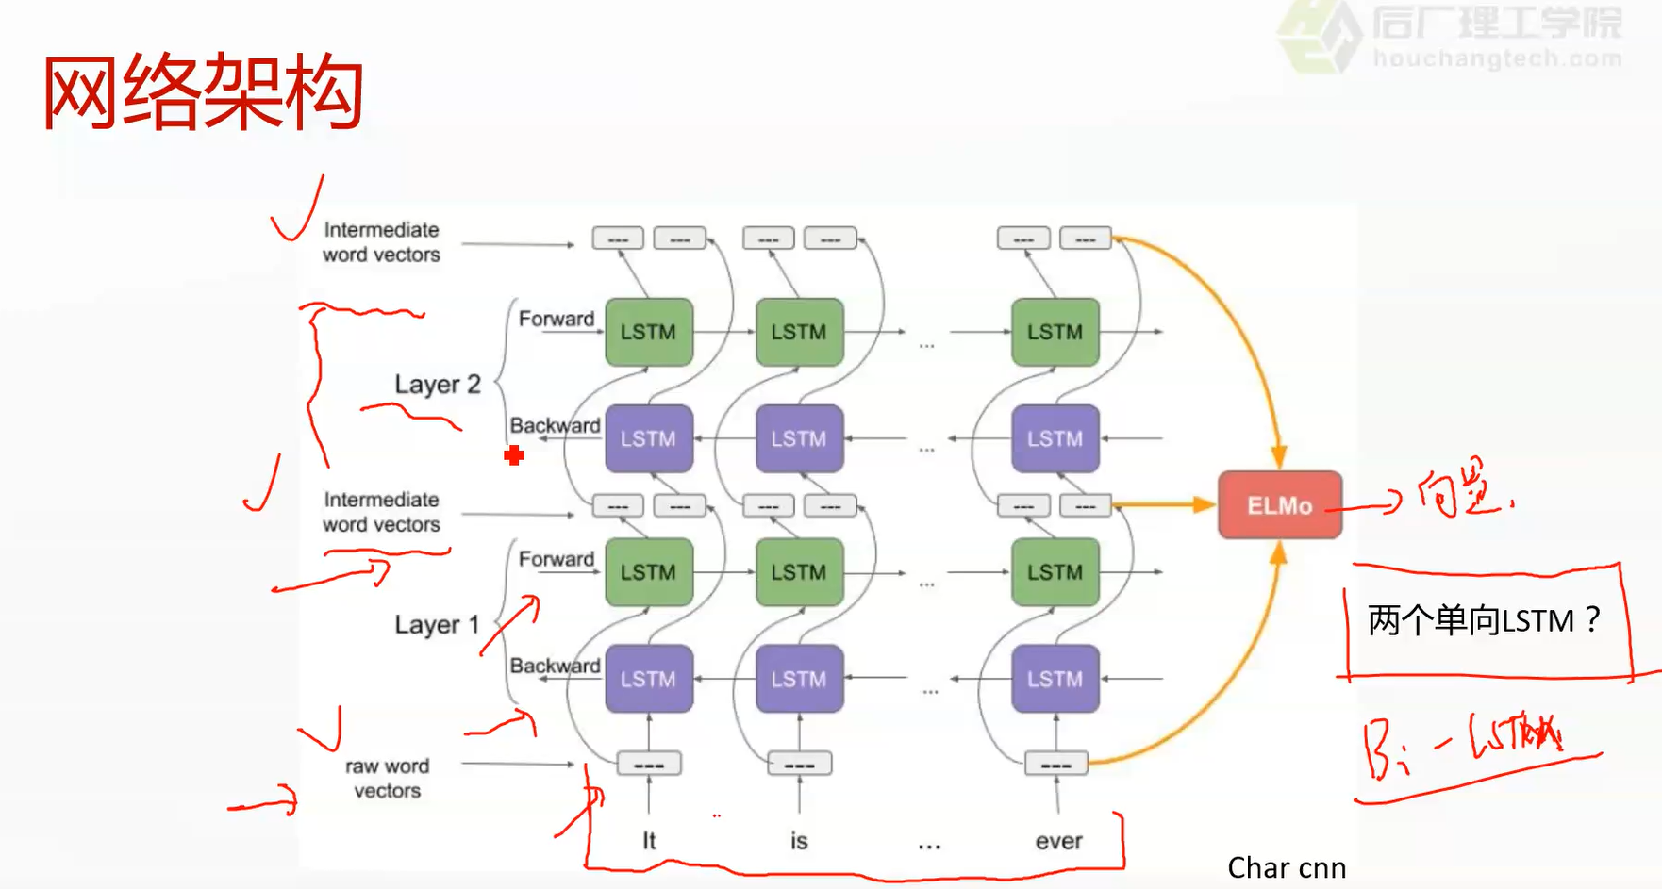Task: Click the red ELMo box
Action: [x=1279, y=505]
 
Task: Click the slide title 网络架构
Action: [x=203, y=92]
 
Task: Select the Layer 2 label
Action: [x=437, y=385]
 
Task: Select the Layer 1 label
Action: [x=437, y=625]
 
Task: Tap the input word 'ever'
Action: [x=1058, y=841]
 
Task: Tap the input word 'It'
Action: [x=649, y=841]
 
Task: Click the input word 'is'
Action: [x=799, y=841]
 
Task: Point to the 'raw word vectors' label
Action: [x=387, y=779]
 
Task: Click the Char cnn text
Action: [x=1286, y=867]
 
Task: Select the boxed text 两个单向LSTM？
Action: [x=1484, y=621]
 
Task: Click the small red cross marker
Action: [x=514, y=456]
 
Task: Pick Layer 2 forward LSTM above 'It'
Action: [x=649, y=332]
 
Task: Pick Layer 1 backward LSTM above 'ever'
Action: [x=1055, y=679]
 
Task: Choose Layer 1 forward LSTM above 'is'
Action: [x=799, y=572]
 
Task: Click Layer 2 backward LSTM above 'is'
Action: [x=799, y=438]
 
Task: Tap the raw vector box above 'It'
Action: [x=649, y=765]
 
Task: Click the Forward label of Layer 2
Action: [x=557, y=319]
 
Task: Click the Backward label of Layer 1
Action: [x=555, y=666]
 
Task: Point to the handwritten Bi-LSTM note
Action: [x=1467, y=745]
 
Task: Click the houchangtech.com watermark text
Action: [x=1497, y=58]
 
